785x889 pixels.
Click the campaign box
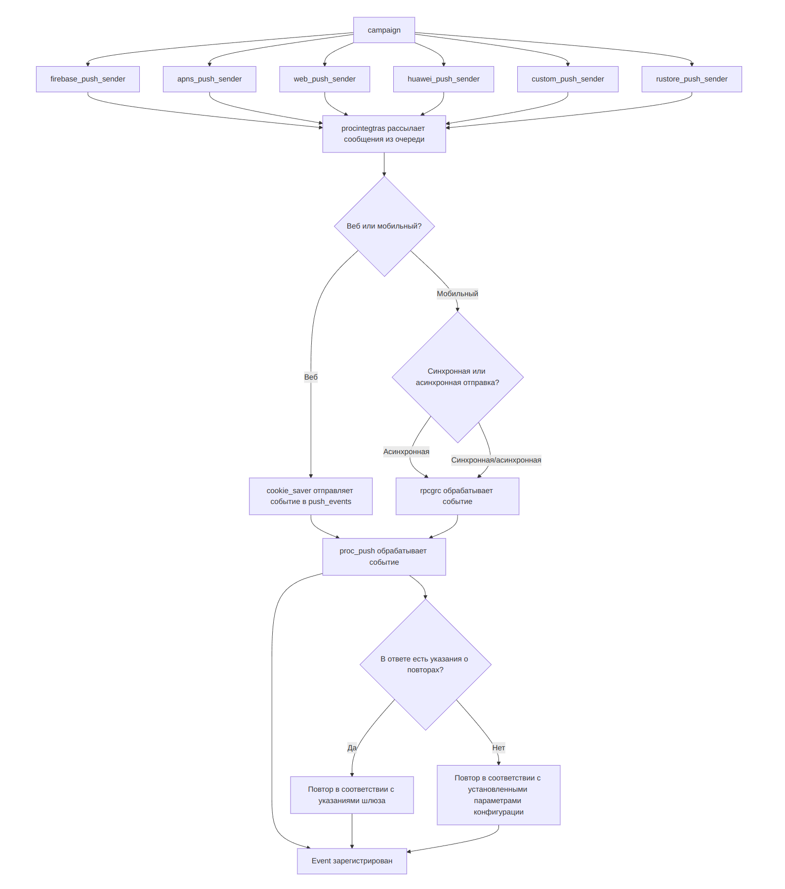click(x=384, y=30)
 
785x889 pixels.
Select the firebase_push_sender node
click(x=87, y=79)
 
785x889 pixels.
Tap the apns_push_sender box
click(x=209, y=79)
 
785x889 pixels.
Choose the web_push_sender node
click(x=325, y=79)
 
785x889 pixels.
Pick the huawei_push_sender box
click(x=443, y=79)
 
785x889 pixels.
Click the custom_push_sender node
click(x=568, y=79)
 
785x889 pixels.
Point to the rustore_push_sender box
click(x=692, y=79)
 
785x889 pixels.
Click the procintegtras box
click(x=384, y=134)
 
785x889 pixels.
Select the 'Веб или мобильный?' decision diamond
click(x=384, y=226)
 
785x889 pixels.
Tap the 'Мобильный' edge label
click(x=457, y=294)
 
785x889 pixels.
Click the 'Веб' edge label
click(x=311, y=377)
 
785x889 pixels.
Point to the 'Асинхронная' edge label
click(x=406, y=452)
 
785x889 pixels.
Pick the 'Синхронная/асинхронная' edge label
click(x=496, y=460)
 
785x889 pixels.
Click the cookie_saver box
click(x=311, y=496)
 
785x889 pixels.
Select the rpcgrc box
click(x=457, y=496)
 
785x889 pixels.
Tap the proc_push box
click(x=384, y=556)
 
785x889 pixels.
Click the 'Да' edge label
click(x=352, y=748)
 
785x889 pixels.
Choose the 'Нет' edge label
click(x=498, y=748)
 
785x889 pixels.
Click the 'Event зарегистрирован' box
click(x=352, y=861)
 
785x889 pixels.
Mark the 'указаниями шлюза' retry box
click(x=352, y=795)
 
